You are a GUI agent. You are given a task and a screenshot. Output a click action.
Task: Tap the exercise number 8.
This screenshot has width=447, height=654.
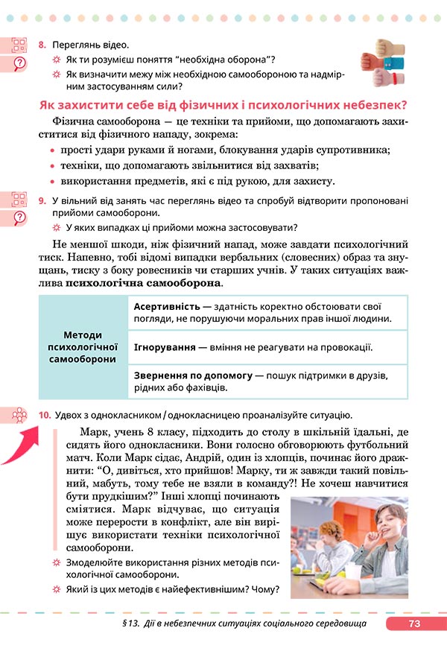[42, 45]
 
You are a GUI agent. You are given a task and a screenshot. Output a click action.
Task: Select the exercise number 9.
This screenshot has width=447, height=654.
[42, 200]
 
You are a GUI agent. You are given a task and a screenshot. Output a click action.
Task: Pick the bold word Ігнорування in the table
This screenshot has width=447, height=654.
[165, 347]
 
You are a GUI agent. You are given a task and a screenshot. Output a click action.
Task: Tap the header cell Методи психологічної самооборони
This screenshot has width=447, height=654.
[83, 347]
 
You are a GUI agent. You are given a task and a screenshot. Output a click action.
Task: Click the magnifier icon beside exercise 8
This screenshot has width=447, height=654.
[19, 62]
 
